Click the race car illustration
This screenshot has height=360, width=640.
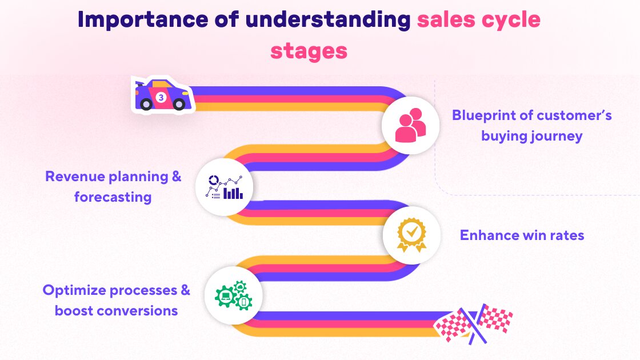tap(162, 95)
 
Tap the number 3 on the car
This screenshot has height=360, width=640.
tap(161, 98)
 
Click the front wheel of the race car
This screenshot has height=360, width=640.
tap(179, 103)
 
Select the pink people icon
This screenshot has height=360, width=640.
tap(410, 126)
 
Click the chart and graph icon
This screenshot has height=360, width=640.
tap(224, 186)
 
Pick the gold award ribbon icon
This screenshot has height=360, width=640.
tap(411, 235)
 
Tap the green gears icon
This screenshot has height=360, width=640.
tap(233, 295)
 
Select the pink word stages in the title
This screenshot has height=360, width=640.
tap(309, 50)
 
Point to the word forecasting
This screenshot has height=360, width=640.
tap(113, 197)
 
